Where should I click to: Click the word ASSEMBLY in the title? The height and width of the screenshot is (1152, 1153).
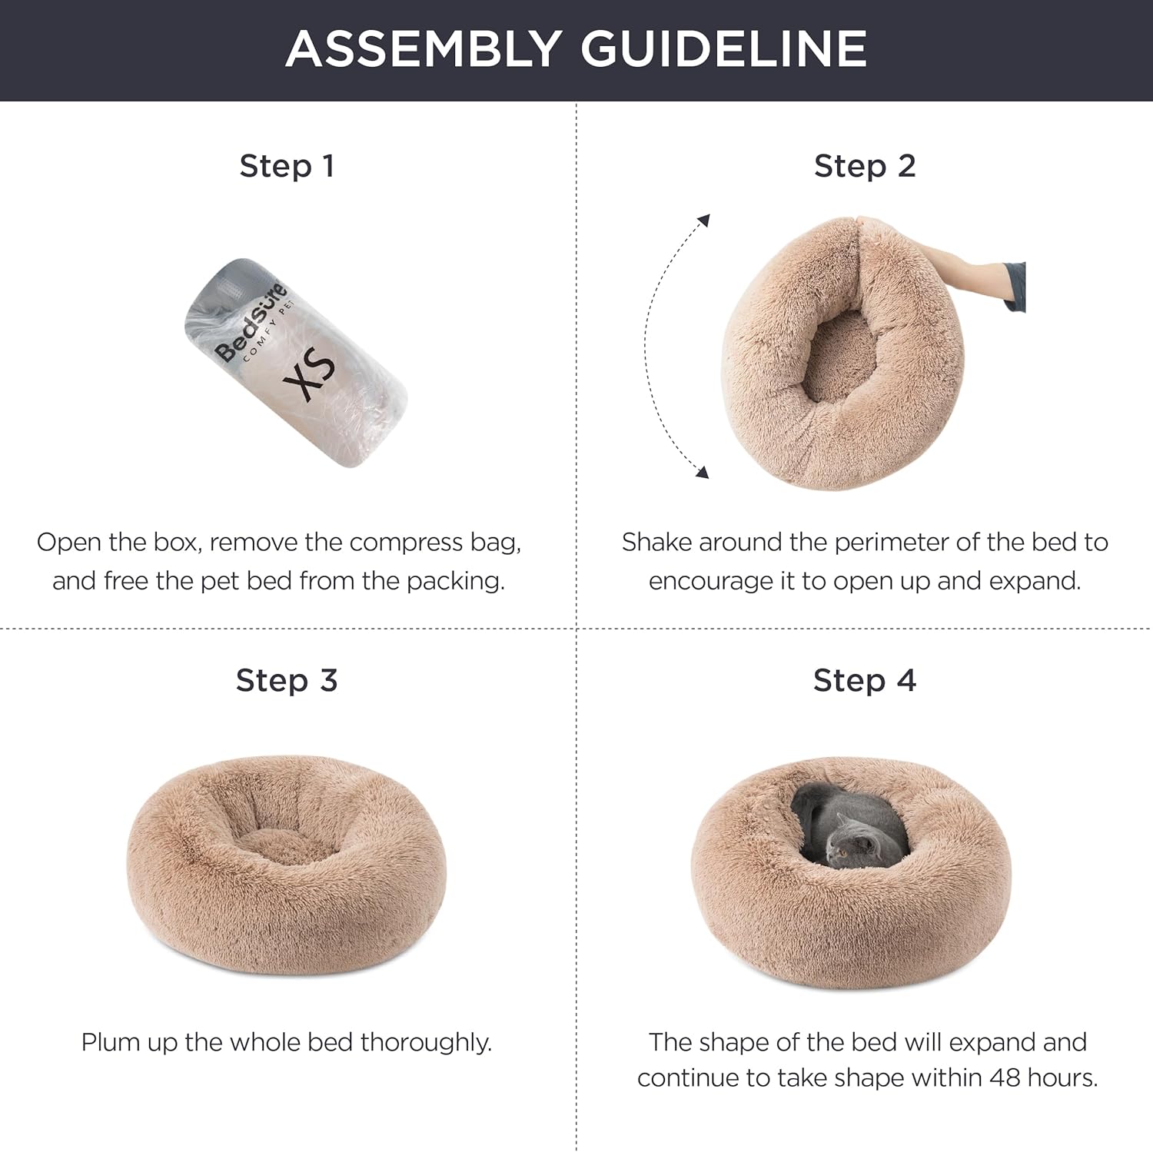(422, 48)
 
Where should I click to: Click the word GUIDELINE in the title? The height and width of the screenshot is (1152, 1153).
(723, 48)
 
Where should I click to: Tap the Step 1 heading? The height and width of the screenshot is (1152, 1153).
(287, 166)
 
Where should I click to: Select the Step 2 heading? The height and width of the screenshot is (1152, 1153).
(865, 166)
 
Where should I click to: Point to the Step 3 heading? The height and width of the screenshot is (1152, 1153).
(287, 680)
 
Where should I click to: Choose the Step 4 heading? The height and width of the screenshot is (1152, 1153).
(865, 680)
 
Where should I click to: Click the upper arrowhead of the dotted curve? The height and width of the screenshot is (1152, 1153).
(703, 221)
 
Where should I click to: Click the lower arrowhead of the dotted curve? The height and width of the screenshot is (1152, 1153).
(701, 471)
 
